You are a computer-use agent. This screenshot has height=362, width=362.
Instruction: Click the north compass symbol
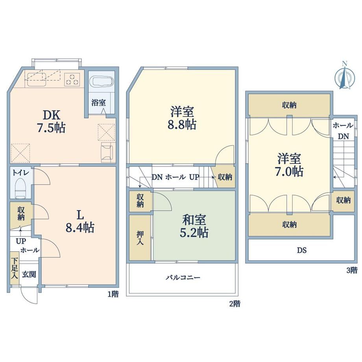(x=345, y=76)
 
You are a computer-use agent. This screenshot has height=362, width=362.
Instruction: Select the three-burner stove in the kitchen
(x=72, y=79)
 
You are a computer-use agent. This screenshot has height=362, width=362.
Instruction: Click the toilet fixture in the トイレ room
(x=21, y=188)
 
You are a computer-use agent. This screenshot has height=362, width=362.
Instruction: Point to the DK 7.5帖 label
(x=51, y=122)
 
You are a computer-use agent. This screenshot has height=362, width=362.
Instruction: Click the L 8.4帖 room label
(x=80, y=222)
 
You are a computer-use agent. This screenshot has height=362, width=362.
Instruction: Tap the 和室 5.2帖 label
(x=194, y=226)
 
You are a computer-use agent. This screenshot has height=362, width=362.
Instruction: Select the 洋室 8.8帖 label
(x=182, y=118)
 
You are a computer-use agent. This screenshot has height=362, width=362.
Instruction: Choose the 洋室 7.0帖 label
(x=289, y=165)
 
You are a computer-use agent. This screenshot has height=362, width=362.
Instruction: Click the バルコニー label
(x=183, y=277)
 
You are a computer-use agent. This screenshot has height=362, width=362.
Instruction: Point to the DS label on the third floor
(x=302, y=250)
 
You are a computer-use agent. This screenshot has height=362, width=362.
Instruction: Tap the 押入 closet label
(x=140, y=238)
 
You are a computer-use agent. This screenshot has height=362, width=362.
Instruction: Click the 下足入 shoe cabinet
(x=15, y=268)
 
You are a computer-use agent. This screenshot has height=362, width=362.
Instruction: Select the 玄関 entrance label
(x=29, y=275)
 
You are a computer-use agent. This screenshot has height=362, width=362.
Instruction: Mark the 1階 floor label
(x=113, y=294)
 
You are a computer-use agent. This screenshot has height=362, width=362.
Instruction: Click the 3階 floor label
(x=352, y=270)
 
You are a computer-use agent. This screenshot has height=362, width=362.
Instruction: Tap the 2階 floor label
(x=235, y=304)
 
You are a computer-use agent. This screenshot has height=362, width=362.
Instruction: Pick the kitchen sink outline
(x=37, y=79)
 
